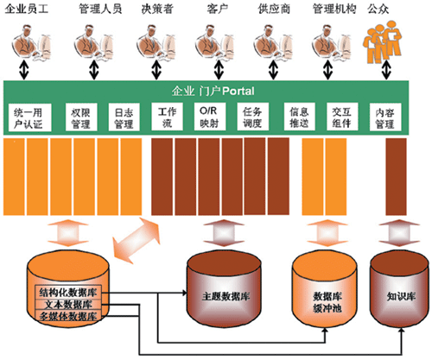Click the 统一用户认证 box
coord(29,117)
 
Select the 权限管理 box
coord(81,117)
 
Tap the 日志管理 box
coord(124,117)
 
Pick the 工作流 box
coord(167,117)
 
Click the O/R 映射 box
coord(210,117)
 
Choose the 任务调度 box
coord(253,117)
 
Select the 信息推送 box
coord(300,117)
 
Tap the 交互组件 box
coord(342,117)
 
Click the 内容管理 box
coord(385,117)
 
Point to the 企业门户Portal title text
coord(213,92)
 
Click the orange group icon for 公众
coord(382,42)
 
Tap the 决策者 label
coord(157,9)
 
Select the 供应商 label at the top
coord(274,9)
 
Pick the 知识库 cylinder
coord(401,290)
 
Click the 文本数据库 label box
coord(68,305)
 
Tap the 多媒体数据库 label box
coord(68,316)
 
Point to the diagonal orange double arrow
coord(136,241)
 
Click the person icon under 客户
coord(214,42)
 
